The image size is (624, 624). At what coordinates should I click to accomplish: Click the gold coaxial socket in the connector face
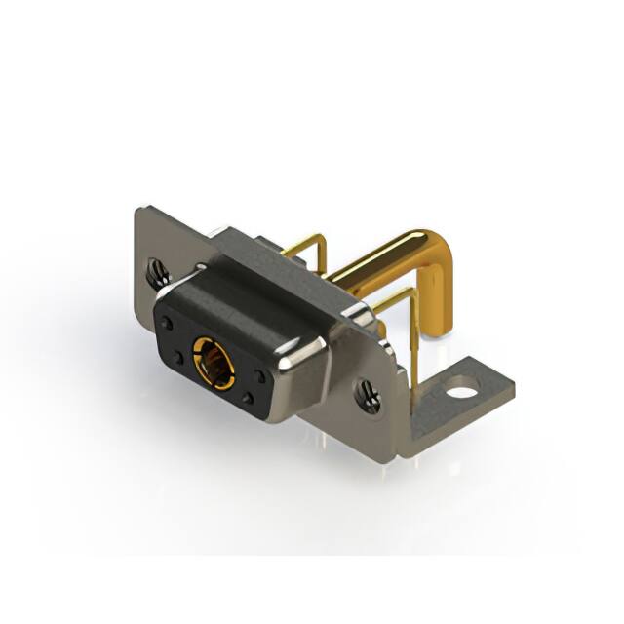(x=213, y=359)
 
